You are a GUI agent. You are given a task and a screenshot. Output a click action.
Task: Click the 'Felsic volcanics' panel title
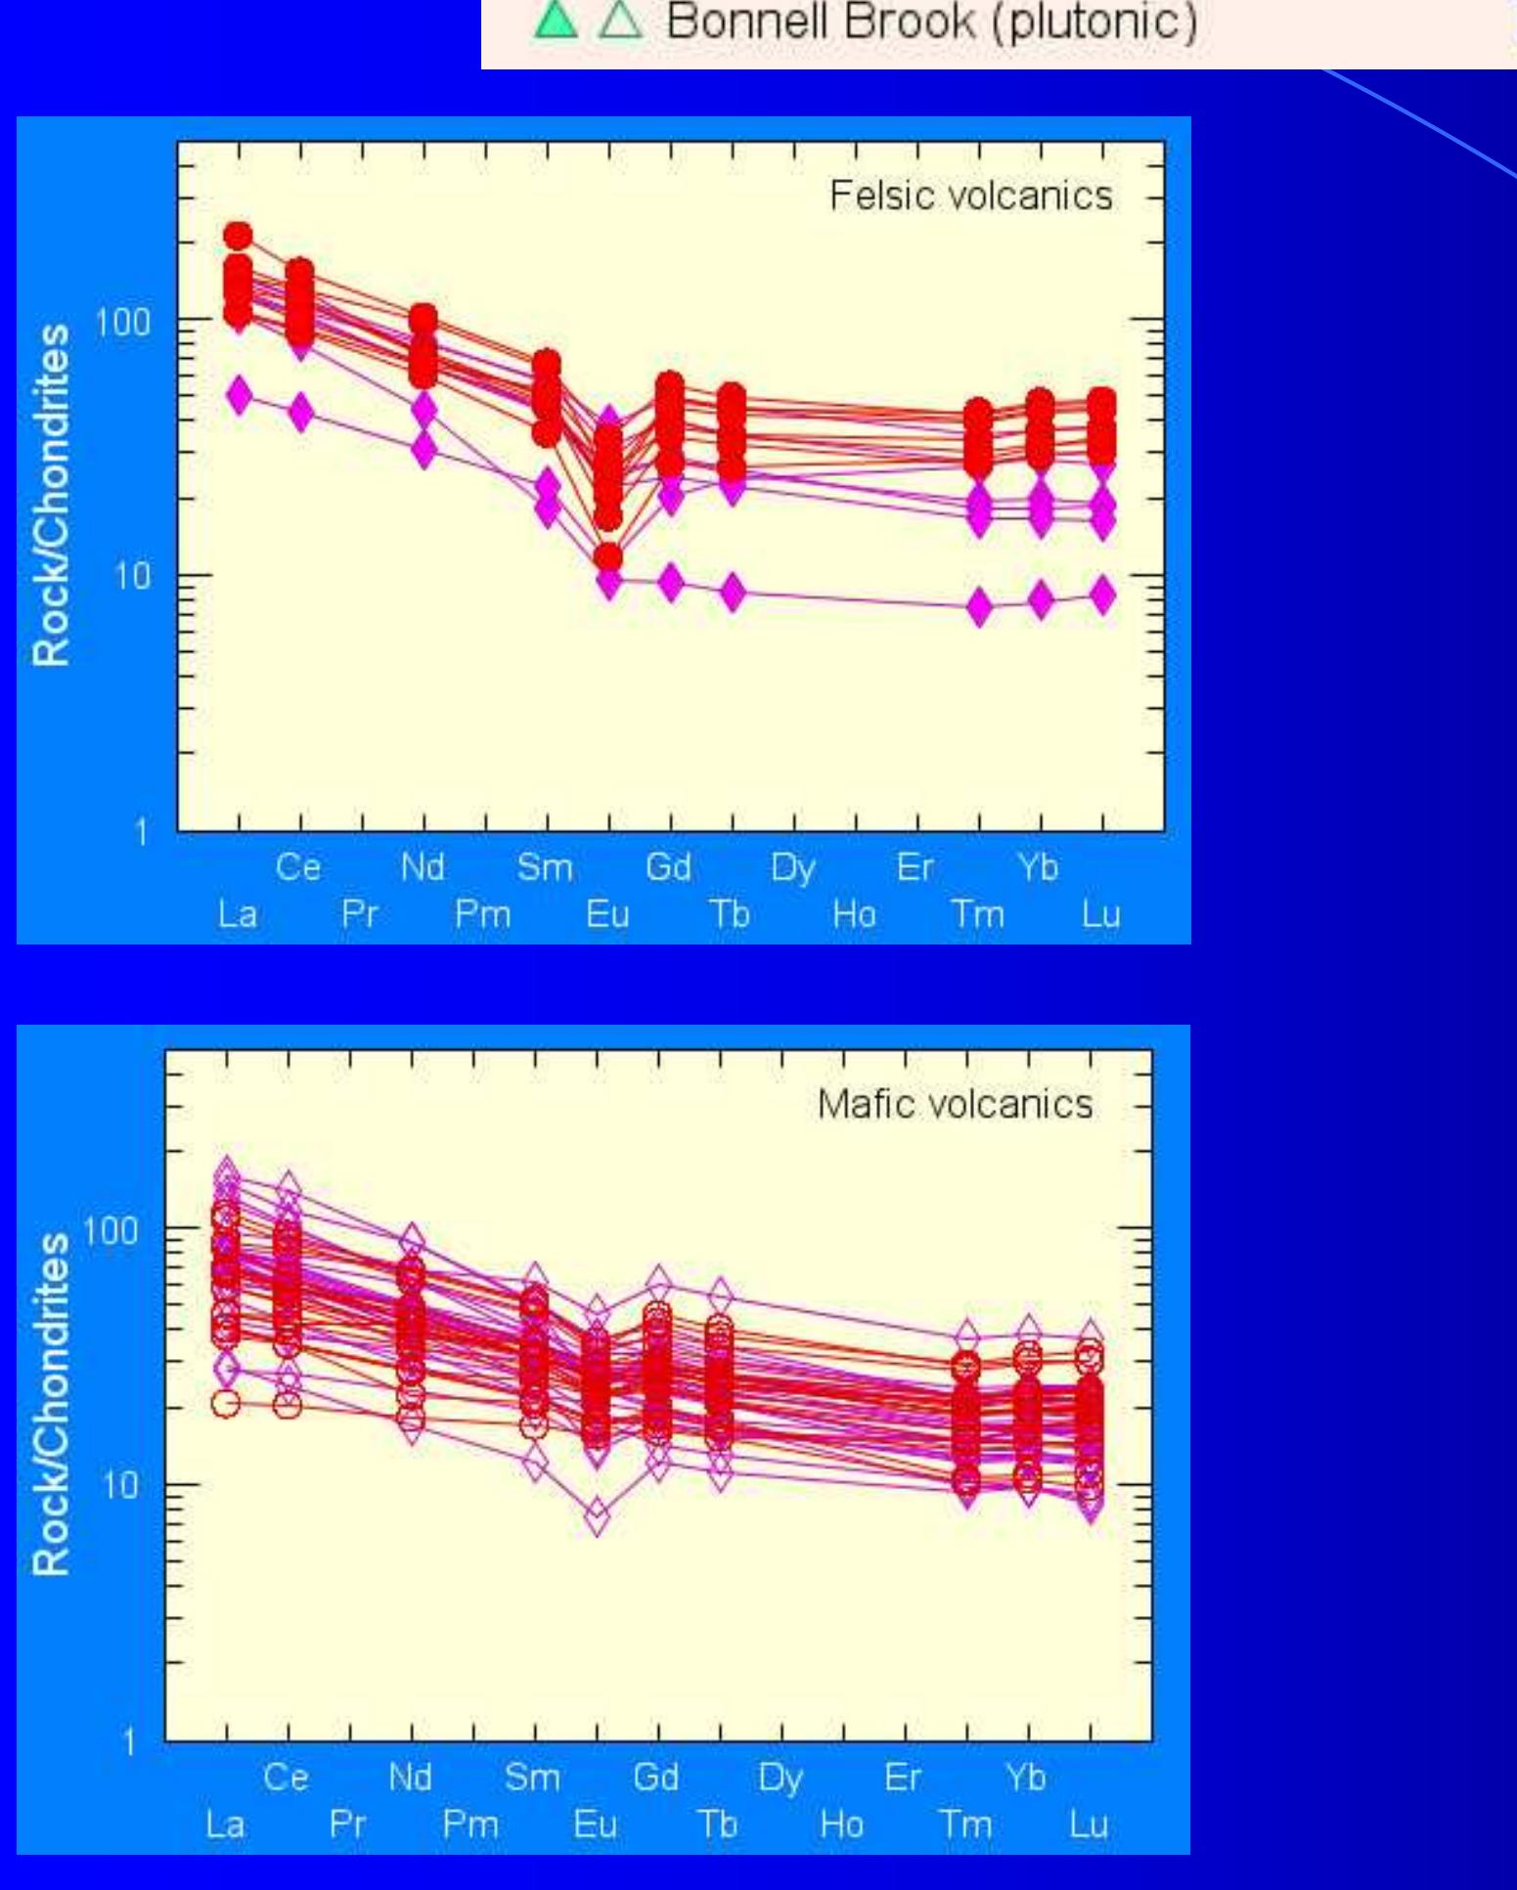click(970, 196)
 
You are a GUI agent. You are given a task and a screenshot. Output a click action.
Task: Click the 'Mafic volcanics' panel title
click(955, 1104)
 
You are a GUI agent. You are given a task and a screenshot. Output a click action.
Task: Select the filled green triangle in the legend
click(555, 22)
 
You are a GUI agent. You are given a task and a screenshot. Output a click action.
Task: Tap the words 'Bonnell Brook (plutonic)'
click(931, 22)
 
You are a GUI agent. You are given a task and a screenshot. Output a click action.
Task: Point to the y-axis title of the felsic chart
click(51, 495)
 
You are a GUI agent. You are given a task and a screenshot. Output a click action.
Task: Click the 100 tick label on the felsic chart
click(124, 321)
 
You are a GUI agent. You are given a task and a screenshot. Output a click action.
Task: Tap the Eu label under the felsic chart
click(607, 914)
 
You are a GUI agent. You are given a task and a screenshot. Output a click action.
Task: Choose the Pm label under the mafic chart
click(470, 1824)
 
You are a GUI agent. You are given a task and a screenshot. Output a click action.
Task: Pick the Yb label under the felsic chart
click(1038, 867)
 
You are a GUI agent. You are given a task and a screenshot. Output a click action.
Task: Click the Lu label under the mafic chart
click(1089, 1824)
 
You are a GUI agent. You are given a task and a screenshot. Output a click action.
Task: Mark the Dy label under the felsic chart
click(792, 867)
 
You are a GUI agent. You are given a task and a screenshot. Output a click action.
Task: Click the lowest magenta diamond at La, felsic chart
click(240, 395)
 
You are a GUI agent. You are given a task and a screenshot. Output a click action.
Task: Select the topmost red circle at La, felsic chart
click(238, 236)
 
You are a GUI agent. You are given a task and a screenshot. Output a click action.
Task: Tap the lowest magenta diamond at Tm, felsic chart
click(979, 607)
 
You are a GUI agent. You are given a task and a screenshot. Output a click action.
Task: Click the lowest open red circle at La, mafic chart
click(226, 1403)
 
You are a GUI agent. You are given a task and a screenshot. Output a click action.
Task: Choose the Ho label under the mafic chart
click(841, 1824)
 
